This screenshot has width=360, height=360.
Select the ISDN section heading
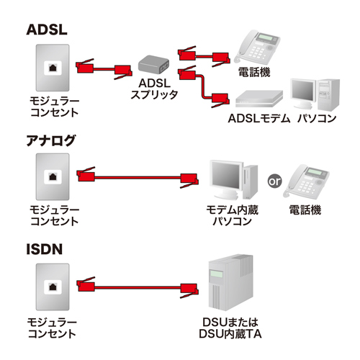click(x=45, y=250)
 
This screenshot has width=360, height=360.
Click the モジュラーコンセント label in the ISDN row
click(x=54, y=328)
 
